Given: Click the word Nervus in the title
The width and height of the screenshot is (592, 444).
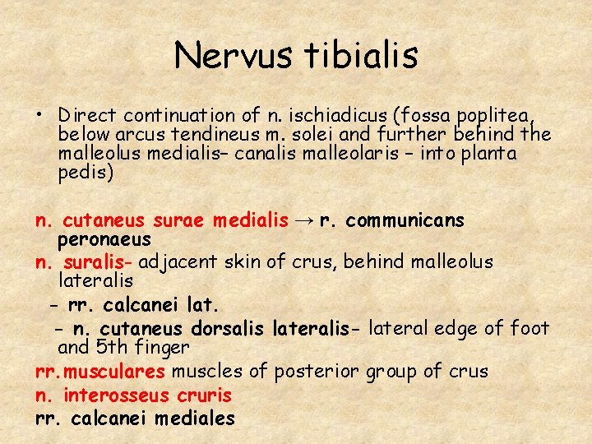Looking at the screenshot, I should [x=232, y=56].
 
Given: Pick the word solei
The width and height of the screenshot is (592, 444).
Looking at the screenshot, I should [x=310, y=135].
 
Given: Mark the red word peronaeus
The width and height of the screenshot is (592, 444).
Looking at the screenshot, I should [x=104, y=239].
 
